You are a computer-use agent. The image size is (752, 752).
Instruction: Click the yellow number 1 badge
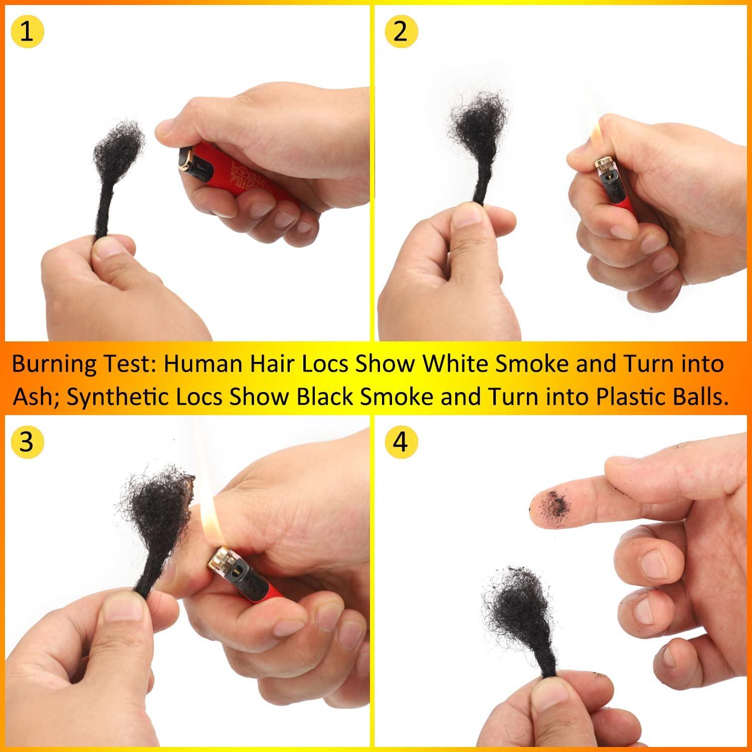(x=27, y=32)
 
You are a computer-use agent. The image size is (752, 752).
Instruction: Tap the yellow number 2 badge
(x=400, y=32)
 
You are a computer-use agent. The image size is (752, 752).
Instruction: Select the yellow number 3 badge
(x=27, y=442)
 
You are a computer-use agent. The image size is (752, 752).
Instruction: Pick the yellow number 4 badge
(x=400, y=442)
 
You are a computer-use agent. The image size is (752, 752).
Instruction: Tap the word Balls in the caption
(x=695, y=397)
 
